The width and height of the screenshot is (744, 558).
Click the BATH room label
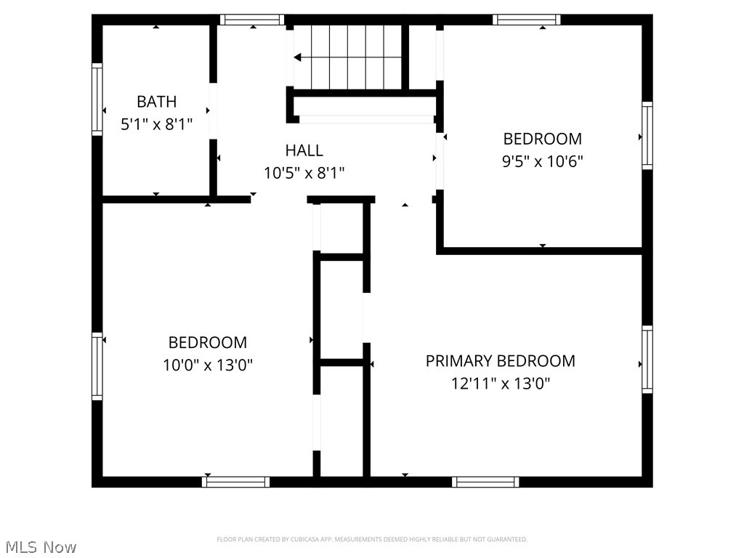(x=156, y=102)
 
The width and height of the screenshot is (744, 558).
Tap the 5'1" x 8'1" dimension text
(x=156, y=124)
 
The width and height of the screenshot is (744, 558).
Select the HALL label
(x=304, y=150)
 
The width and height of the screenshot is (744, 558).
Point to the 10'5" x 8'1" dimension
(x=304, y=173)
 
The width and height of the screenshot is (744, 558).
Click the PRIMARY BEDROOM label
(x=500, y=361)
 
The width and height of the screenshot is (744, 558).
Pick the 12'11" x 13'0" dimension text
(x=500, y=384)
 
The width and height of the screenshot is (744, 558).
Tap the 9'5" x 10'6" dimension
(x=543, y=161)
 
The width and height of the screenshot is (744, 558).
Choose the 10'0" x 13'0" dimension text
(x=208, y=365)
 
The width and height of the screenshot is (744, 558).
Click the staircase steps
(x=349, y=57)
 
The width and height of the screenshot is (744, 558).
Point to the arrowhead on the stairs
(x=298, y=57)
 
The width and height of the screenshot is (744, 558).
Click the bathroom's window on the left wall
(x=97, y=100)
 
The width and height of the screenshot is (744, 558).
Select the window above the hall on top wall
(x=252, y=20)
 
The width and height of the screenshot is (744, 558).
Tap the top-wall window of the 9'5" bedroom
(x=526, y=20)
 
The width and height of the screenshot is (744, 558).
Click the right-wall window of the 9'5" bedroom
(x=647, y=137)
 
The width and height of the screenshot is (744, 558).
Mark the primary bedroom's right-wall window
(x=647, y=360)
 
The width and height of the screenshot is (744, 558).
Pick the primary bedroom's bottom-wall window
(x=485, y=482)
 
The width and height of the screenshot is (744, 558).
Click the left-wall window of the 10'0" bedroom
(x=97, y=366)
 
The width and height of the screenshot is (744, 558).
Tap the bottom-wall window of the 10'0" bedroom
(x=236, y=482)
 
